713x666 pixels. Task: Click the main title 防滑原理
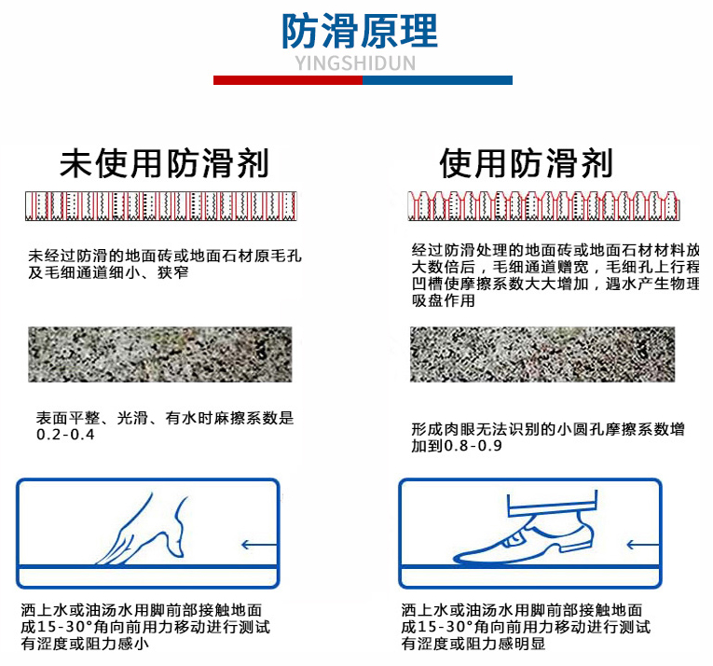(x=359, y=31)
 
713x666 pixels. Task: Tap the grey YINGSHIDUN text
(x=356, y=63)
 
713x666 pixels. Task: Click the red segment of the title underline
(x=288, y=80)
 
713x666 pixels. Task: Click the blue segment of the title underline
(x=437, y=80)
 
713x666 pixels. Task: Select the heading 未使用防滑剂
(x=164, y=163)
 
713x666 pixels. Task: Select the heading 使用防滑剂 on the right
(x=526, y=163)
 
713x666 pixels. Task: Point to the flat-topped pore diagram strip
(x=161, y=206)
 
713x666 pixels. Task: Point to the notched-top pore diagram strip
(x=544, y=206)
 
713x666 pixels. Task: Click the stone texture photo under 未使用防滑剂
(x=160, y=354)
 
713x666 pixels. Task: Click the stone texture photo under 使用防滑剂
(x=542, y=354)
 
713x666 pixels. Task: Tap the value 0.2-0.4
(x=65, y=435)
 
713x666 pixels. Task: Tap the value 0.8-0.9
(x=473, y=446)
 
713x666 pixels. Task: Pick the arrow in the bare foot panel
(x=259, y=545)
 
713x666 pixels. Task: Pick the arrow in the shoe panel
(x=643, y=545)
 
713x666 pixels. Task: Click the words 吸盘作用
(x=444, y=300)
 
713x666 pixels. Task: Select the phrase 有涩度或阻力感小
(x=85, y=644)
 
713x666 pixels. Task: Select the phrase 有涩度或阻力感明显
(x=473, y=644)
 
